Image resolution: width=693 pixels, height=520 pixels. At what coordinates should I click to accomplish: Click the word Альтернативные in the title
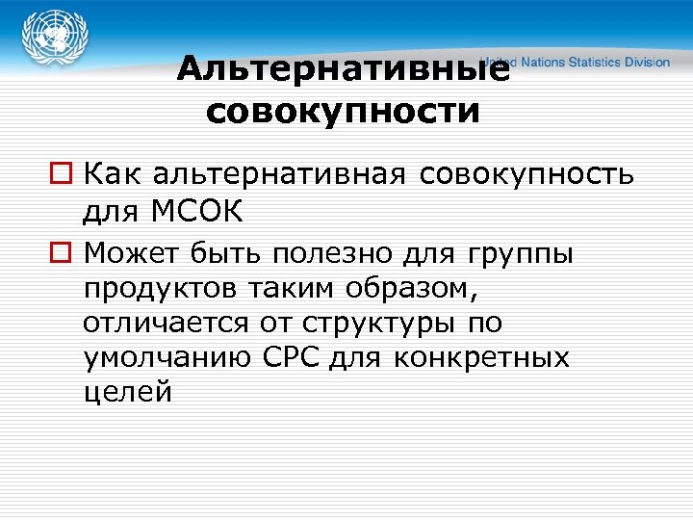(x=343, y=70)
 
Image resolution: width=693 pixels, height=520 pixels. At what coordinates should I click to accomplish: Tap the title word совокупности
(x=343, y=112)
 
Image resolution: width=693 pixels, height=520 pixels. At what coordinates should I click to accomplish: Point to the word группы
(x=522, y=254)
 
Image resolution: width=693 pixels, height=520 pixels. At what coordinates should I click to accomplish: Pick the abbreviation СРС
(x=293, y=358)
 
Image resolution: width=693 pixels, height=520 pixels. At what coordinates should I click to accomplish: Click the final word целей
(x=128, y=393)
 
